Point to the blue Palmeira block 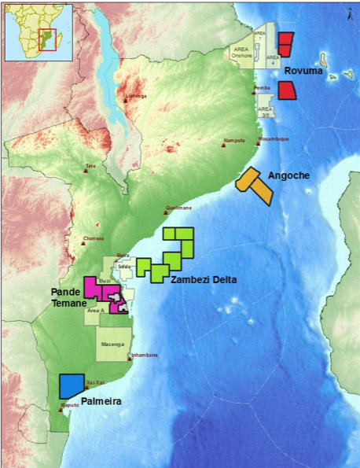point(72,385)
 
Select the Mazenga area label point(114,344)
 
